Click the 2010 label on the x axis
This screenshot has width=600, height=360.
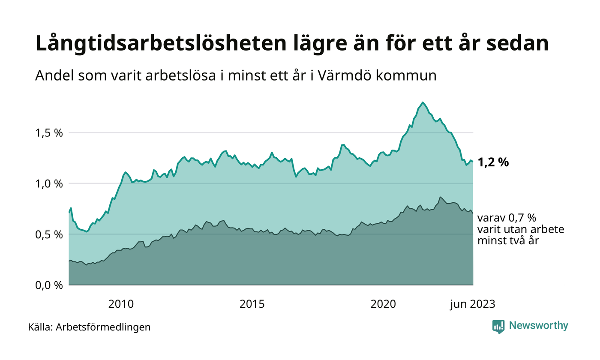click(121, 305)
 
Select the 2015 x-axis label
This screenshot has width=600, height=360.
click(252, 305)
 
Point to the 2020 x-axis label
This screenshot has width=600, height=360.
click(383, 305)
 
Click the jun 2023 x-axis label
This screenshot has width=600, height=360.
click(472, 305)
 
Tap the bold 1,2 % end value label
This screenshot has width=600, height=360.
click(493, 162)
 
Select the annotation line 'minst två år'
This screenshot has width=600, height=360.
click(507, 241)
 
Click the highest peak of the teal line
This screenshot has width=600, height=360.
click(423, 102)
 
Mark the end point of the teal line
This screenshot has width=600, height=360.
click(473, 162)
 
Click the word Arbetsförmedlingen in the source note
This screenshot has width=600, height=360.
click(103, 327)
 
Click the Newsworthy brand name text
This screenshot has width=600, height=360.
click(538, 326)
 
